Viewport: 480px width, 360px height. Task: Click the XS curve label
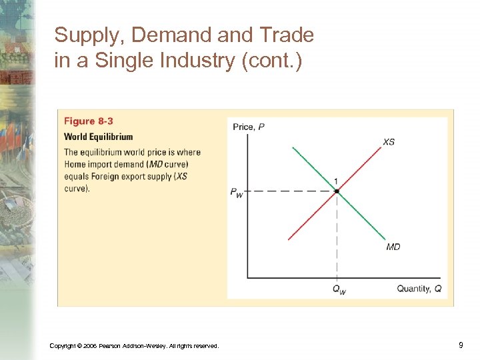pyautogui.click(x=389, y=141)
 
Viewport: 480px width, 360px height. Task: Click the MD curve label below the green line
pyautogui.click(x=393, y=247)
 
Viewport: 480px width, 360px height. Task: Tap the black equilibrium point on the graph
pyautogui.click(x=337, y=191)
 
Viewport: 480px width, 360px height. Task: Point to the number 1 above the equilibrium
pyautogui.click(x=336, y=181)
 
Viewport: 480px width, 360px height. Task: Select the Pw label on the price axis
pyautogui.click(x=236, y=192)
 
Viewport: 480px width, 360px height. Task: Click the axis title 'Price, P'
pyautogui.click(x=248, y=127)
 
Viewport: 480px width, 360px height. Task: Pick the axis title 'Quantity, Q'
pyautogui.click(x=419, y=289)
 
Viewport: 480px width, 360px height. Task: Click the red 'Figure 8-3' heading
pyautogui.click(x=89, y=121)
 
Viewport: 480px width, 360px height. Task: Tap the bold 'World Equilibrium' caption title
pyautogui.click(x=98, y=137)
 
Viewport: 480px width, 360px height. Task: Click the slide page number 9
pyautogui.click(x=461, y=345)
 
